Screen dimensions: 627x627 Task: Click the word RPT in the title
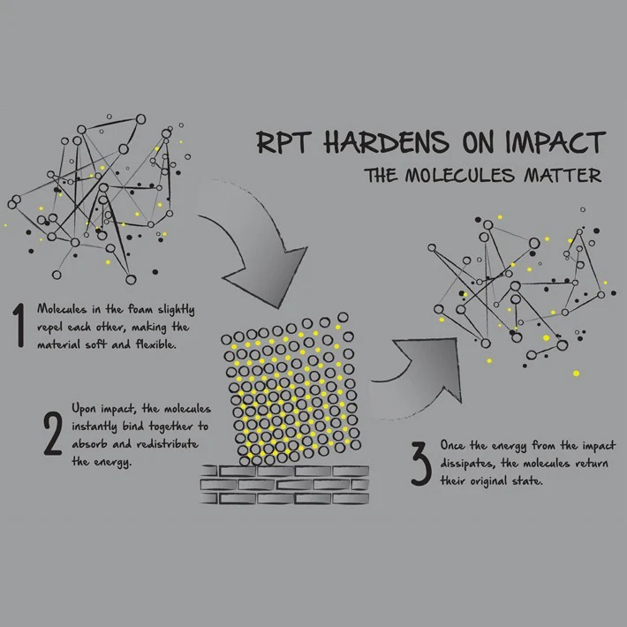point(283,142)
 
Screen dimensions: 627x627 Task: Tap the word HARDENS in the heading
point(386,142)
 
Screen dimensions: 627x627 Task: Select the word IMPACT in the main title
point(555,142)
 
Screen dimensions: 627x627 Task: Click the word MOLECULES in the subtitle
point(459,176)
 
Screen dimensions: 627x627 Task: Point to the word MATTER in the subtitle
point(563,176)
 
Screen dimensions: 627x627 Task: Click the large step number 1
point(19,325)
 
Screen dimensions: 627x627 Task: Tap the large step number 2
point(53,434)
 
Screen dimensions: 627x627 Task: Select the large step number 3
point(421,464)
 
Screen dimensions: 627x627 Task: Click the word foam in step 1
point(140,309)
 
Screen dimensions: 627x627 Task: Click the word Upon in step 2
point(84,409)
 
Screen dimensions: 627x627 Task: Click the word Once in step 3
point(453,445)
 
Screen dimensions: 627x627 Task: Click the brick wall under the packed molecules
point(284,485)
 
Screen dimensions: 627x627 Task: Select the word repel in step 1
point(50,328)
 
